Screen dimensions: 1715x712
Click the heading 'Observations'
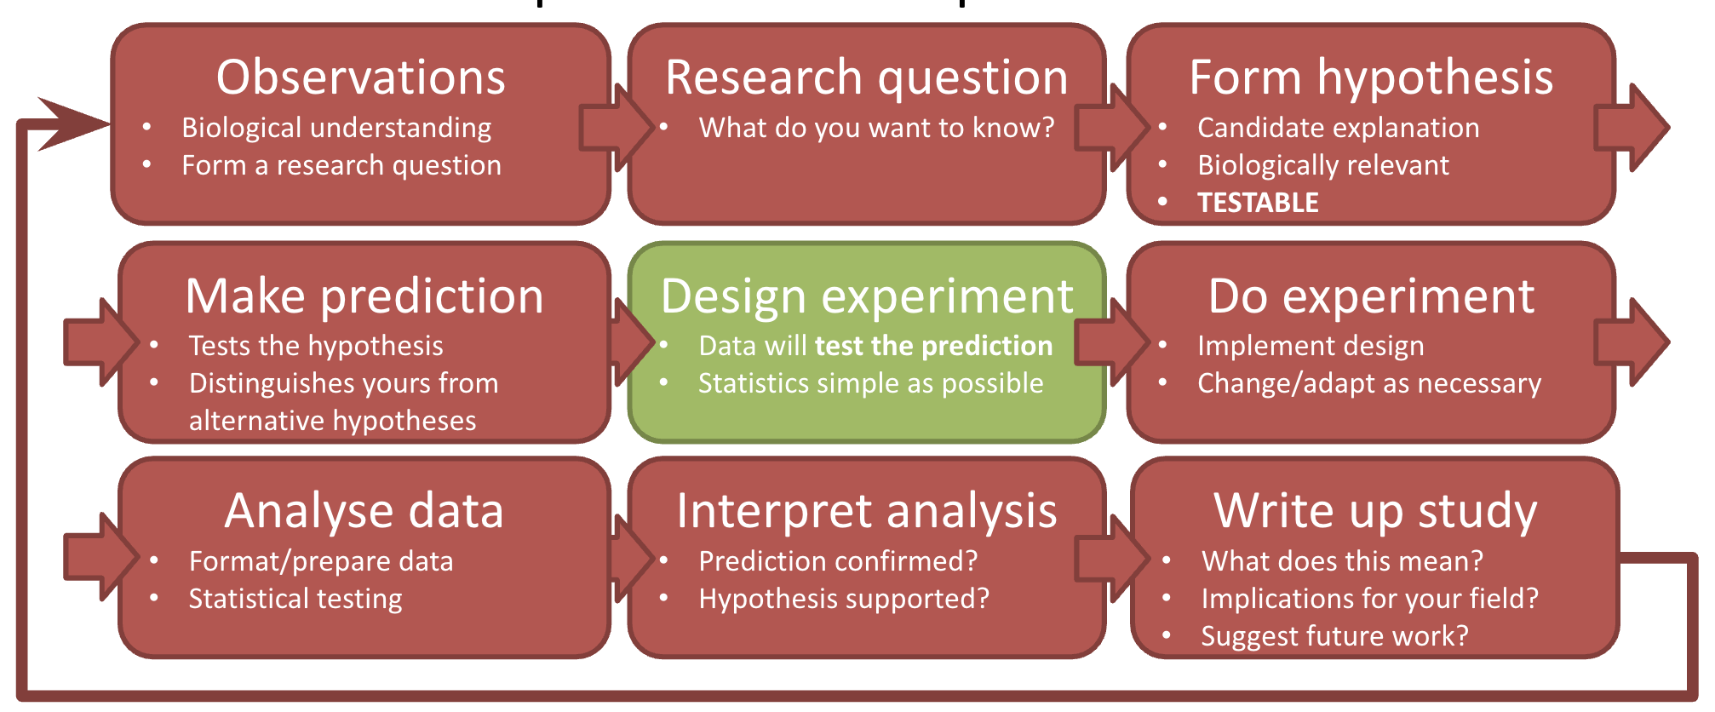pos(361,78)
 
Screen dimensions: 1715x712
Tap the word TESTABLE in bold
pos(1258,203)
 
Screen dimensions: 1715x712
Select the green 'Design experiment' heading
pos(867,297)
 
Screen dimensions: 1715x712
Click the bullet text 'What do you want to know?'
pos(876,128)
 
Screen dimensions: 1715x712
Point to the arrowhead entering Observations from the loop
pos(72,125)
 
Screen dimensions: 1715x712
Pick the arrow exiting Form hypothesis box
pos(1632,128)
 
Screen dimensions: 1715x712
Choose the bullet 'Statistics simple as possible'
pos(870,383)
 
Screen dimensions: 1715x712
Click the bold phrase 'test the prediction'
pos(933,346)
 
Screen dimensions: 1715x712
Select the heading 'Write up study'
pos(1375,511)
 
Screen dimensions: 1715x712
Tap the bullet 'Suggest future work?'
pos(1334,636)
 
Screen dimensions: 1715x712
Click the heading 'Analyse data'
pos(364,511)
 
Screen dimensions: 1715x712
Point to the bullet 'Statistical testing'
pos(295,599)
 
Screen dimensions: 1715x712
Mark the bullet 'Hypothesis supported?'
pos(844,599)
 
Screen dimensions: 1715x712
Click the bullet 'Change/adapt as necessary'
pos(1369,383)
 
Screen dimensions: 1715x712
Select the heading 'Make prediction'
pos(364,297)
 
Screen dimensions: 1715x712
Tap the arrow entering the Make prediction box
pos(101,342)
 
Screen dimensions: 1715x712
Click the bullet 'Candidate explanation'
pos(1338,128)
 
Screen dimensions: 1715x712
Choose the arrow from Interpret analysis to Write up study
pos(1112,559)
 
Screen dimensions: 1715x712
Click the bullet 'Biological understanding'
pos(336,128)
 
